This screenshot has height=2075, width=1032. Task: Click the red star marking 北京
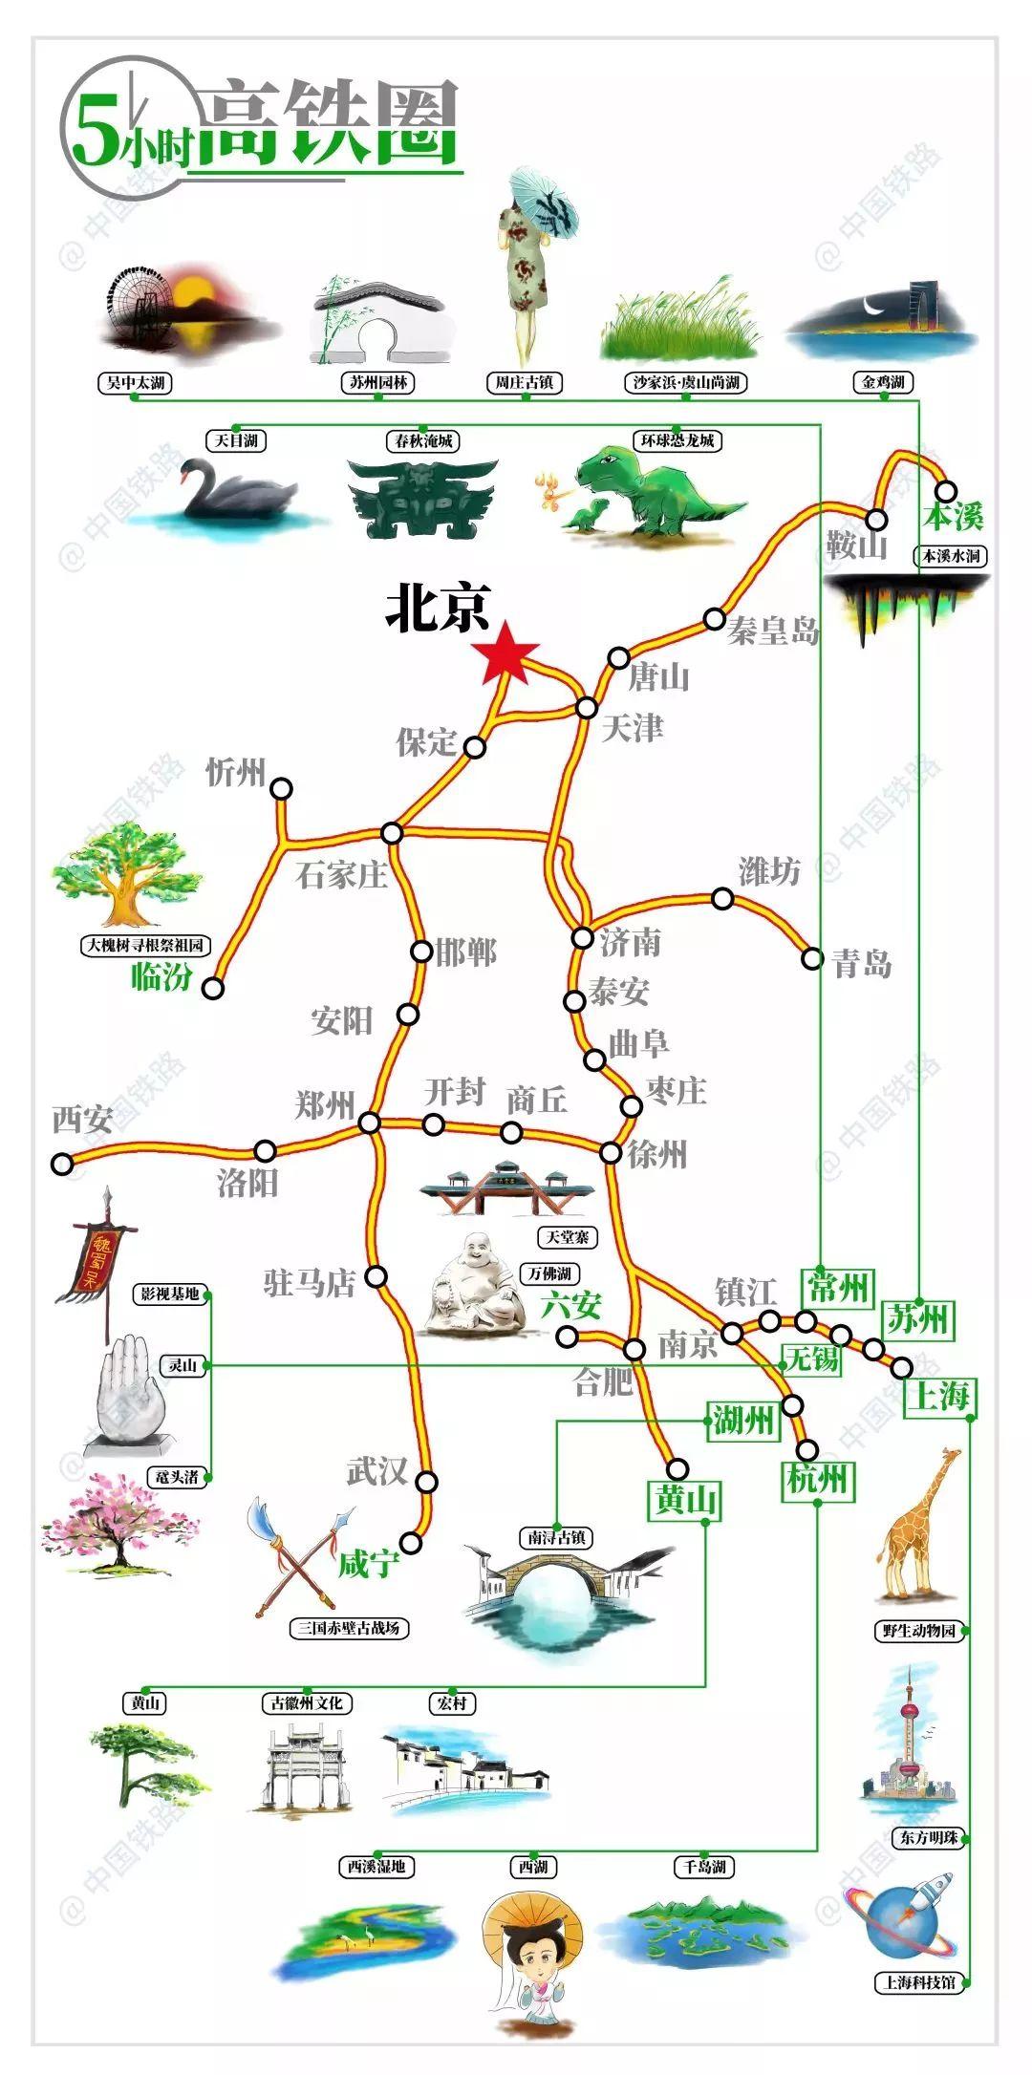pyautogui.click(x=505, y=654)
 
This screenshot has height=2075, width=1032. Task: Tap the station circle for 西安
pyautogui.click(x=62, y=1164)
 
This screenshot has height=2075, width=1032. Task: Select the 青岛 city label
pyautogui.click(x=862, y=963)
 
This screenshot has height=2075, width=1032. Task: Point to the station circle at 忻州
pyautogui.click(x=281, y=788)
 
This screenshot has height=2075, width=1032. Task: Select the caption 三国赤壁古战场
pyautogui.click(x=348, y=1628)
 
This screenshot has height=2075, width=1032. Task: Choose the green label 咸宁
pyautogui.click(x=367, y=1564)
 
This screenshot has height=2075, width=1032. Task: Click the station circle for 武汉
pyautogui.click(x=427, y=1482)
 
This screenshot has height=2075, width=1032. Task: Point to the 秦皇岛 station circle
pyautogui.click(x=714, y=618)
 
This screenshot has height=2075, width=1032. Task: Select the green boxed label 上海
pyautogui.click(x=940, y=1396)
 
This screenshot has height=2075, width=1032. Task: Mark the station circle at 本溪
pyautogui.click(x=945, y=491)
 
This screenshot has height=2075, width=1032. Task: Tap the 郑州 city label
pyautogui.click(x=325, y=1104)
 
